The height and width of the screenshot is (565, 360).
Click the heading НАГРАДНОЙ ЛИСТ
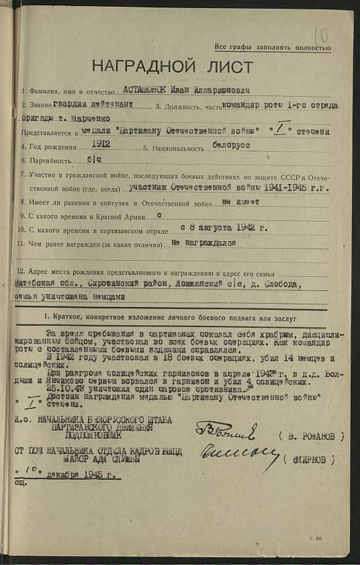coord(173,68)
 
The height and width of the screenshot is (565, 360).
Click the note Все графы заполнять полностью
coord(272,48)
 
